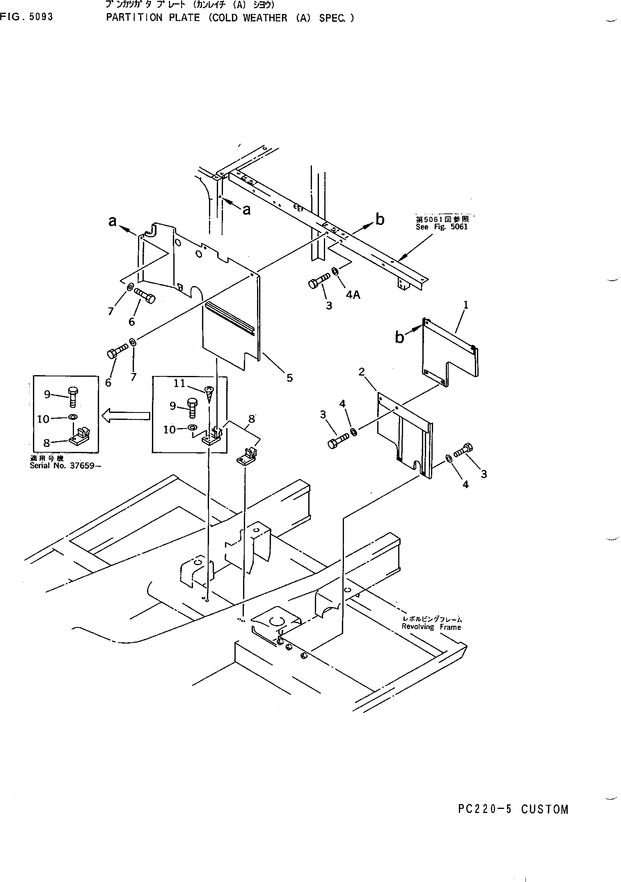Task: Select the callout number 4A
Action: tap(353, 295)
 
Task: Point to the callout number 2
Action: tap(361, 372)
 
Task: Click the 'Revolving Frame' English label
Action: tap(431, 627)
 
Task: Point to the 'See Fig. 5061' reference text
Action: tap(442, 227)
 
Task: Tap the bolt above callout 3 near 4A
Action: tap(319, 281)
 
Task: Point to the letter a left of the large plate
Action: tap(112, 221)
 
